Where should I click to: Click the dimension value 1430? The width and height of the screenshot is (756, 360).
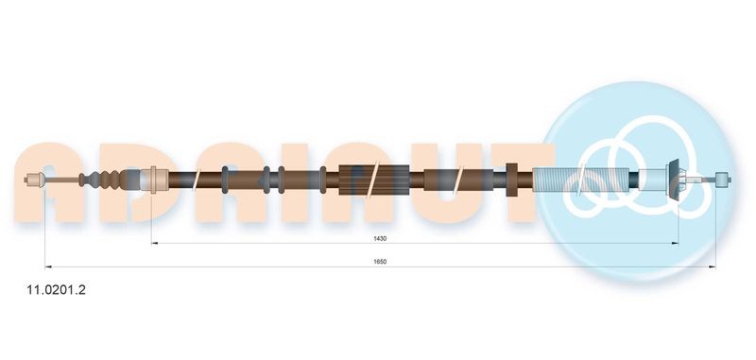[380, 238]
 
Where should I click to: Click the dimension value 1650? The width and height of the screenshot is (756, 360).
[380, 262]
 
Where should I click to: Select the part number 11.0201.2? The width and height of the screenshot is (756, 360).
[56, 290]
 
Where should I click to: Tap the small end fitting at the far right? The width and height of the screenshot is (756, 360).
[723, 180]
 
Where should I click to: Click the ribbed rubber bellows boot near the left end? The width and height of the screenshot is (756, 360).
[101, 180]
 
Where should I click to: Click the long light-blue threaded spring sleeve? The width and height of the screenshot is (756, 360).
[581, 180]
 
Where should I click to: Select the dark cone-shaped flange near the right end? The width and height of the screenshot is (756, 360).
[673, 179]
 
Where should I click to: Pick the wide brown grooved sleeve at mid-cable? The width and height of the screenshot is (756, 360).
[374, 180]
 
